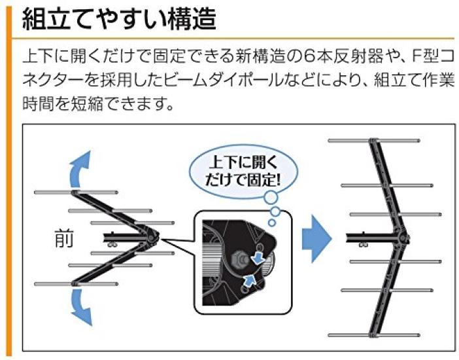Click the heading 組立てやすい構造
pyautogui.click(x=119, y=19)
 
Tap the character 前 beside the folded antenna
pyautogui.click(x=64, y=238)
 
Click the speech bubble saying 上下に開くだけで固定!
pyautogui.click(x=243, y=171)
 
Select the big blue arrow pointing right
pyautogui.click(x=316, y=239)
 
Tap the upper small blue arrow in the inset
pyautogui.click(x=258, y=257)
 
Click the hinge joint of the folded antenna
pyautogui.click(x=151, y=237)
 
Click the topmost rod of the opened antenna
pyautogui.click(x=374, y=141)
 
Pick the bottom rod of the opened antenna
pyautogui.click(x=374, y=335)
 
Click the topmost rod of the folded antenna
pyautogui.click(x=76, y=192)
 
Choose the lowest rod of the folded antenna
pyautogui.click(x=76, y=284)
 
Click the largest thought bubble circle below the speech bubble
pyautogui.click(x=271, y=198)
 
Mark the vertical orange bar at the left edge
pyautogui.click(x=9, y=181)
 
